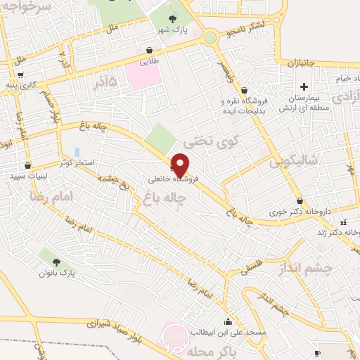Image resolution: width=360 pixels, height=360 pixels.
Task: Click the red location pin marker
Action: pyautogui.click(x=181, y=165)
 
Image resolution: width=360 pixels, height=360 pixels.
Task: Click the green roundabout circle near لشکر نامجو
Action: pyautogui.click(x=210, y=37)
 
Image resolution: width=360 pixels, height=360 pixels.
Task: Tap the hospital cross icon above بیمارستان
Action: pyautogui.click(x=304, y=87)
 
